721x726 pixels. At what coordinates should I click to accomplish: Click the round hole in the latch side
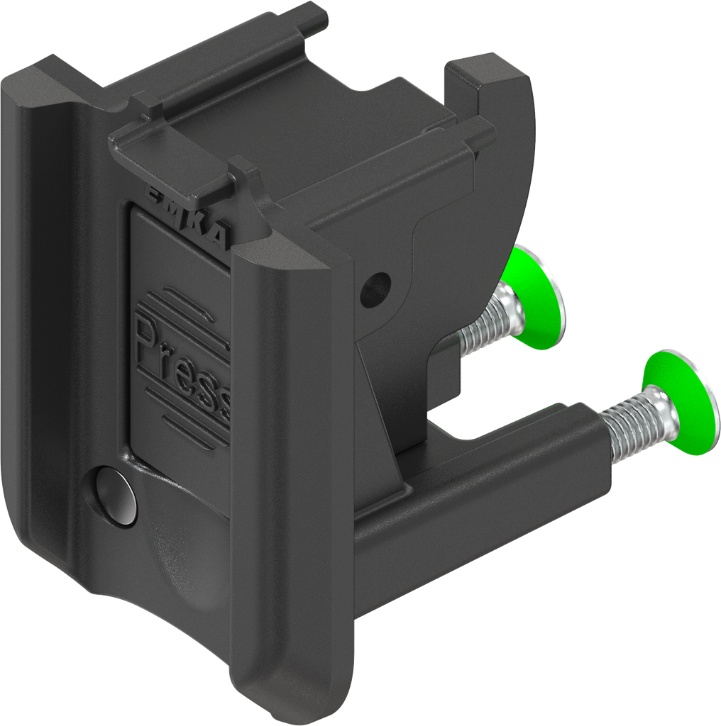click(x=375, y=289)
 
